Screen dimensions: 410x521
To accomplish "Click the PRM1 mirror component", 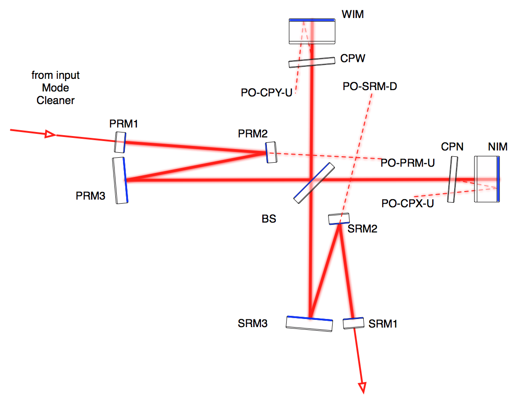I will coord(119,142).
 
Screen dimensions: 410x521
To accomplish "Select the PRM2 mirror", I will coord(271,152).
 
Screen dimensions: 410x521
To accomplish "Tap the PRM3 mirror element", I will coord(120,180).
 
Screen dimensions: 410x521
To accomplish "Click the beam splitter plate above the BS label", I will coord(314,182).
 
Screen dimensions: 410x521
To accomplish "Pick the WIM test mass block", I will coord(312,31).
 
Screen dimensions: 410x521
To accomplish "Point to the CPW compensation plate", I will coord(312,62).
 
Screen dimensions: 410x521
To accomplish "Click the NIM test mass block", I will coord(487,179).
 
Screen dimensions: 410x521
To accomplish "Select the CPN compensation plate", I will coord(452,179).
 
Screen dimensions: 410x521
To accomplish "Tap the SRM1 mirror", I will coord(353,323).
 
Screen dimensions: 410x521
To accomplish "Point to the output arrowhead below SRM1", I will coord(362,387).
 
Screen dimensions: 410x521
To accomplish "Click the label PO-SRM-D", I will coord(370,86).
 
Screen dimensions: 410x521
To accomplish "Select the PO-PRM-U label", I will coord(407,163).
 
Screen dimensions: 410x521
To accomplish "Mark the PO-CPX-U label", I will coord(407,203).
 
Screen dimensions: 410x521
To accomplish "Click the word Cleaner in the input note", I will coord(55,100).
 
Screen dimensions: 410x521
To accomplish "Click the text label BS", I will coord(269,219).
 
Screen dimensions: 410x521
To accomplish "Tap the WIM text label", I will coord(353,15).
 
